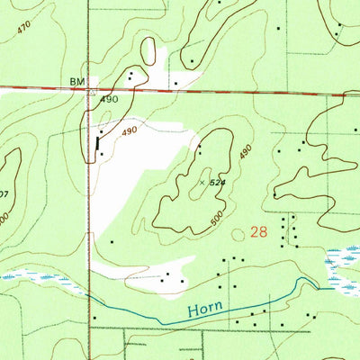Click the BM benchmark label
coord(76,81)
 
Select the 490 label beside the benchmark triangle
coord(110,100)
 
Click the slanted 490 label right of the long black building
coord(130,131)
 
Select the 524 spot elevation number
coord(217,183)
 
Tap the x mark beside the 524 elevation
coord(202,182)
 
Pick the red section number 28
coord(259,231)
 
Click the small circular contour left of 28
coord(238,233)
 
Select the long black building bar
coord(98,142)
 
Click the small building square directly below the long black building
coord(101,154)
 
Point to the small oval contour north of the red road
coord(193,62)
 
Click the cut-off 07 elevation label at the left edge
coord(4,193)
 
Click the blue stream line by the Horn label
coord(252,303)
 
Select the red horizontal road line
coord(225,91)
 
